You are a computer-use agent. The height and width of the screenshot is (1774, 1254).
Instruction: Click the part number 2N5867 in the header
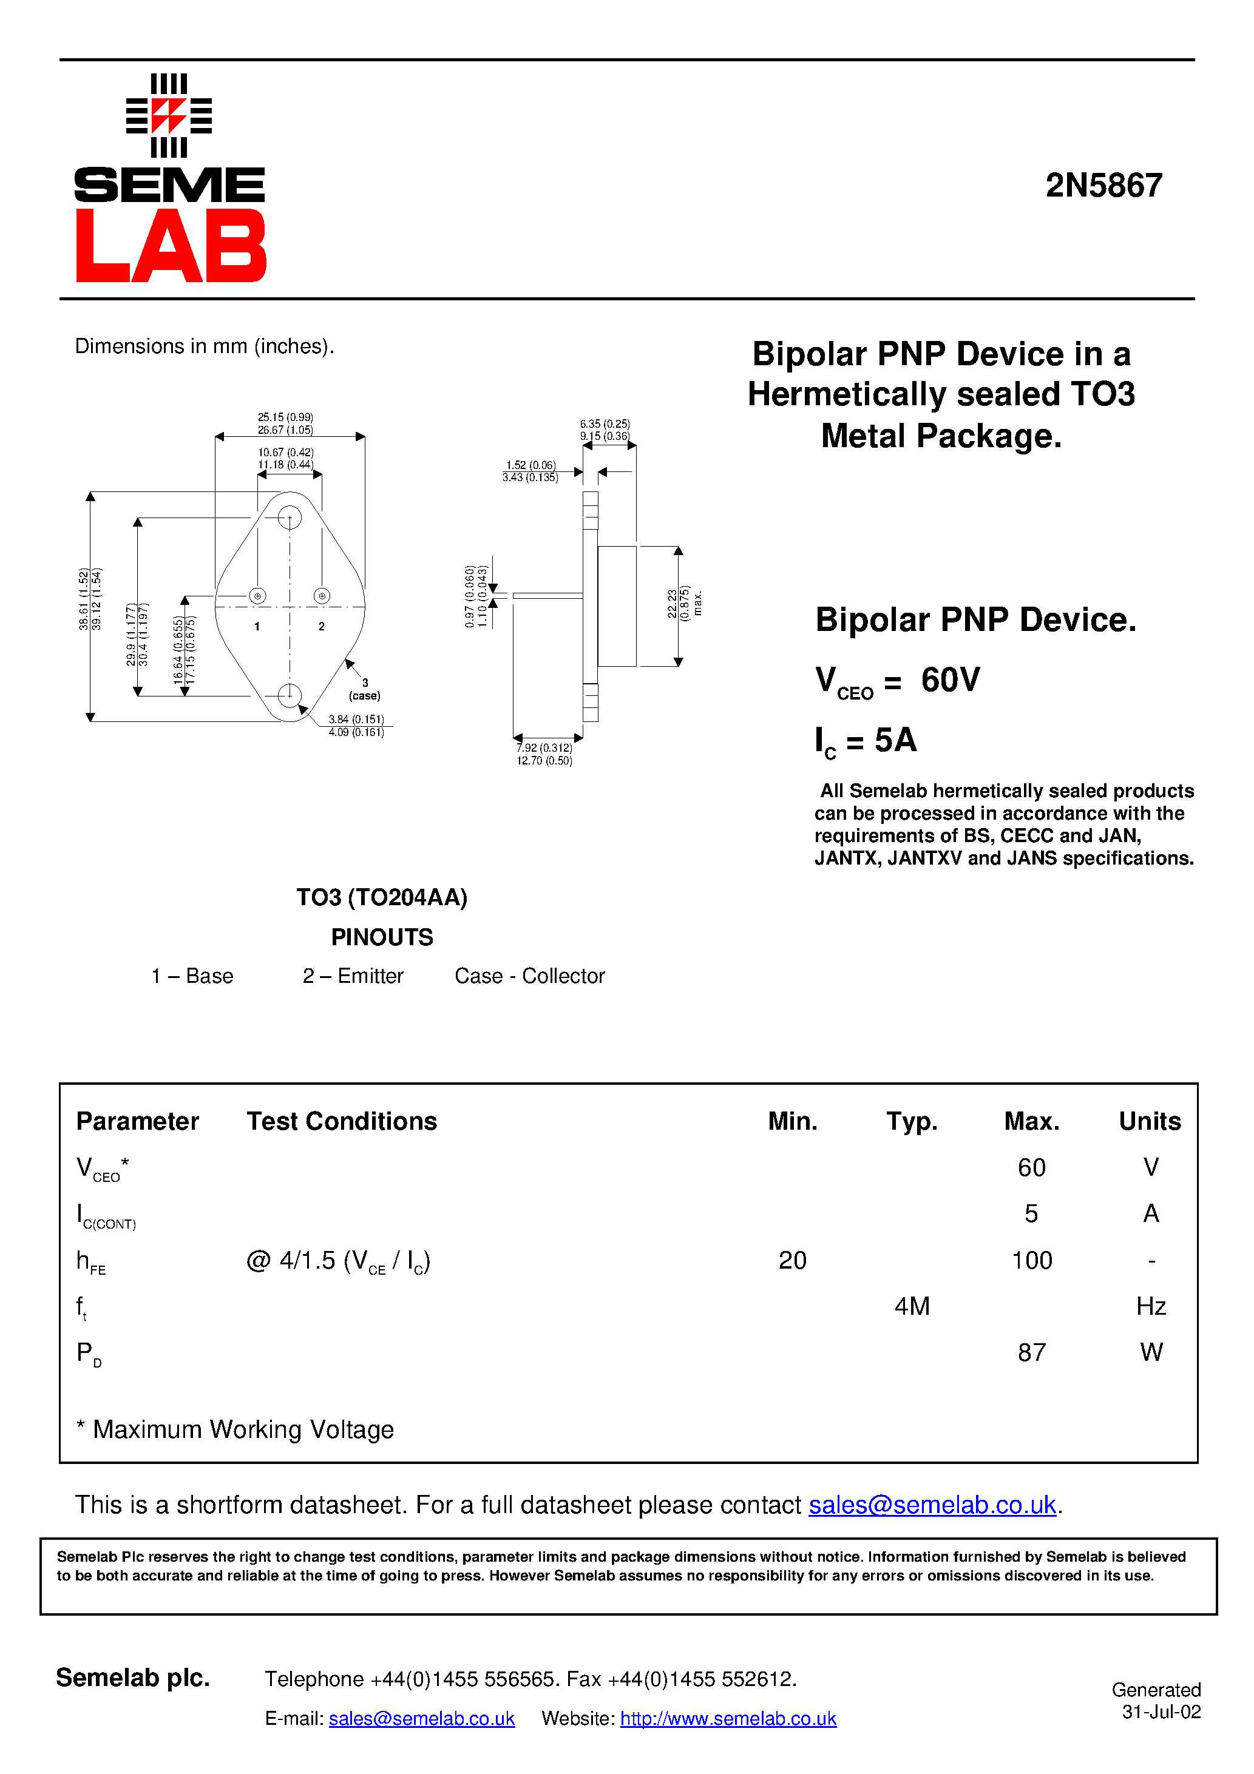(1103, 186)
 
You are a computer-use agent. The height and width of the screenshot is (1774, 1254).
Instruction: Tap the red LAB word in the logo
(171, 246)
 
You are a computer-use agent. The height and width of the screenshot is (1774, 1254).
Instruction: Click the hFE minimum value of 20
(793, 1260)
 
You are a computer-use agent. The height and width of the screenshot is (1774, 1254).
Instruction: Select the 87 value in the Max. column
(1031, 1352)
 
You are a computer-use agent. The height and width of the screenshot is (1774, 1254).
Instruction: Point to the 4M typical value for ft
(912, 1306)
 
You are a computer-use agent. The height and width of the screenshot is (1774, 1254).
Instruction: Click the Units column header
(1150, 1121)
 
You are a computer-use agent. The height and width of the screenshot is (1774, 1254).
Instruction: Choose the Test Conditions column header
(342, 1121)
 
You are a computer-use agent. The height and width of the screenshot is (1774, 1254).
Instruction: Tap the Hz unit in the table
(1150, 1306)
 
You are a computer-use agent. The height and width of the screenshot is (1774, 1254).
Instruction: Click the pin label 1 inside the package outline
(257, 627)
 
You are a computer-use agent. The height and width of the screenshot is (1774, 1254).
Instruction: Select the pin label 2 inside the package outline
(322, 627)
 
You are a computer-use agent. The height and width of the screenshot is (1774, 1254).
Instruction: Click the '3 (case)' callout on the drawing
(365, 689)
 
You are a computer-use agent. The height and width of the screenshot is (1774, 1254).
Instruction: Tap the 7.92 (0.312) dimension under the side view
(544, 748)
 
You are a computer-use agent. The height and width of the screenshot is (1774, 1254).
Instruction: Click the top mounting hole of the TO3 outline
(289, 517)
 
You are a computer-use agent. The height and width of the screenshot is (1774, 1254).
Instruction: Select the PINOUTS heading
(382, 937)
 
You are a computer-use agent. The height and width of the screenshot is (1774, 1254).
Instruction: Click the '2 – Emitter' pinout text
(353, 976)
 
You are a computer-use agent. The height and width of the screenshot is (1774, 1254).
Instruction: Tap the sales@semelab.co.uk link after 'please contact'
(932, 1505)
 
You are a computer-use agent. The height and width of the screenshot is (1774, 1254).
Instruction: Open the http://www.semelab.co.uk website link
(728, 1718)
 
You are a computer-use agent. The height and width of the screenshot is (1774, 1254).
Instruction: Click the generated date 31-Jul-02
(1161, 1712)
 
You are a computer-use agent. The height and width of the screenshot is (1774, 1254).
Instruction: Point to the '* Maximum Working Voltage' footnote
(236, 1429)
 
